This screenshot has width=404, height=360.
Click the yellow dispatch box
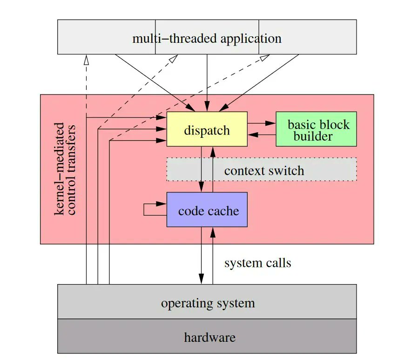point(207,129)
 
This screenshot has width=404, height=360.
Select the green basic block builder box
point(316,129)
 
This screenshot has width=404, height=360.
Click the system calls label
point(257,263)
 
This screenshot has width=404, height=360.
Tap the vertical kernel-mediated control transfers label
point(65,169)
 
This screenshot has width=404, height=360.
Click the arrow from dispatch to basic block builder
point(262,123)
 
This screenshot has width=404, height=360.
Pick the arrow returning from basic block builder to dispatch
point(262,135)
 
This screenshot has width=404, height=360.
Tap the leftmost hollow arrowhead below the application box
point(87,59)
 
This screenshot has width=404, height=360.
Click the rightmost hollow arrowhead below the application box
point(265,57)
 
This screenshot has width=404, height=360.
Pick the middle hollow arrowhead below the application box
point(173,58)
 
